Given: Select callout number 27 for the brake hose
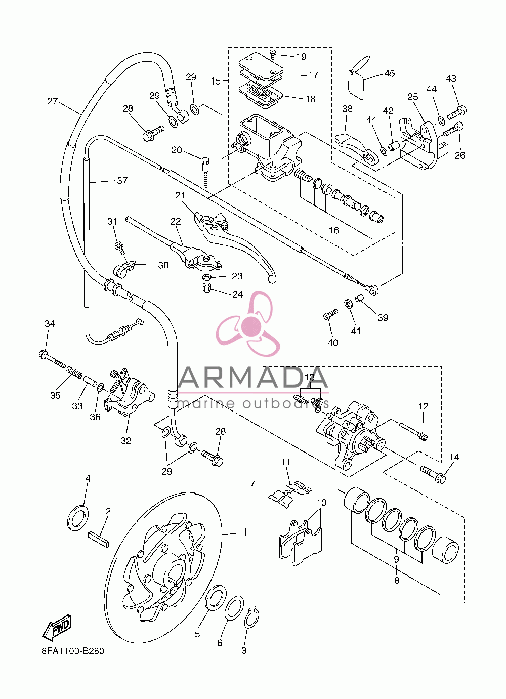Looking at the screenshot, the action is pos(53,101).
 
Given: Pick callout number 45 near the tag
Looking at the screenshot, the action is pos(389,73).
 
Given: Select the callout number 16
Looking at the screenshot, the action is pos(333,230).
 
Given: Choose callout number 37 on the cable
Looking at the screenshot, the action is pos(122,180).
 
